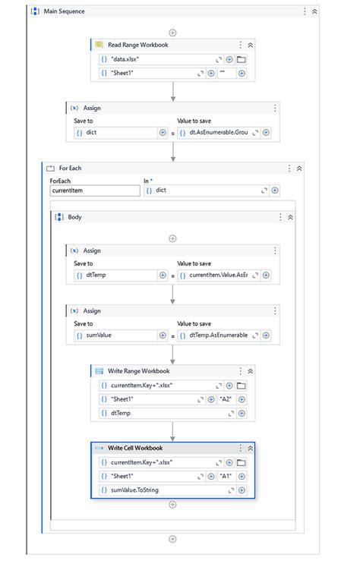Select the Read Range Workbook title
click(x=137, y=45)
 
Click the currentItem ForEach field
click(x=94, y=191)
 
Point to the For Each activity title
click(x=71, y=168)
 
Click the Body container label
click(x=75, y=217)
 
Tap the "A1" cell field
click(x=226, y=476)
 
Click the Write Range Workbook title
click(x=139, y=371)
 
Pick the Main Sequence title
click(x=65, y=11)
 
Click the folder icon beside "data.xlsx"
click(x=242, y=58)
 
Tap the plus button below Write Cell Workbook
click(x=173, y=505)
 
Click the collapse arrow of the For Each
click(x=299, y=168)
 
